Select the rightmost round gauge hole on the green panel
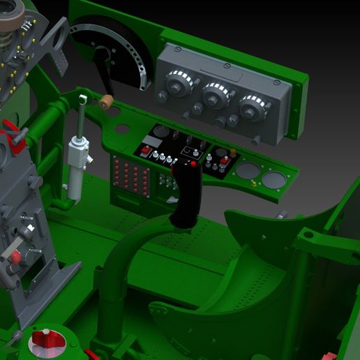(273, 181)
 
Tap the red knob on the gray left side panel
(14, 258)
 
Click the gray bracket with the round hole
(56, 42)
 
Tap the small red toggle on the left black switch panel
(145, 149)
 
